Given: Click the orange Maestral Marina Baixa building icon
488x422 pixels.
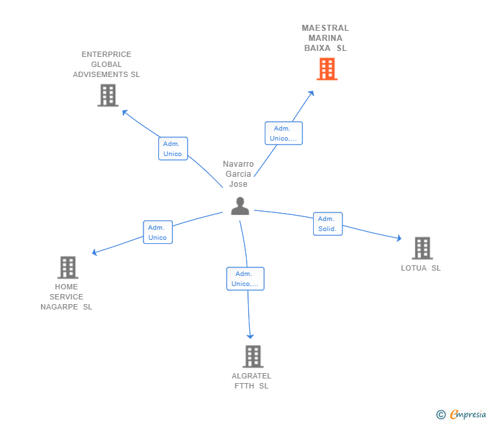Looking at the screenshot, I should coord(326,69).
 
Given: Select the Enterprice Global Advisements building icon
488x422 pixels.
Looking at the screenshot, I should coord(107,95).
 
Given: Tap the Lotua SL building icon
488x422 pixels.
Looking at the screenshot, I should coord(422,248).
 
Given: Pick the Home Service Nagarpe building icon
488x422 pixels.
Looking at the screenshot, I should coord(68,267).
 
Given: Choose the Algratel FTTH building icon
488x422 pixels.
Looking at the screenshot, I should coord(252,356).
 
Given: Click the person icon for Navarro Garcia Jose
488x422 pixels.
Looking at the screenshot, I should coord(239,206).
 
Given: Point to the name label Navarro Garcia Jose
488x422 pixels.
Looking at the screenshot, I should coord(239,174).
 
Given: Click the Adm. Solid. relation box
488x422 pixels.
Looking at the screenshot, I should coord(327,224).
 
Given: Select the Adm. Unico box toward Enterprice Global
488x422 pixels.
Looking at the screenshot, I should coord(173,149).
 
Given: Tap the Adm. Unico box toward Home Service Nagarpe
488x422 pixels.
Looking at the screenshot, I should coord(158,232).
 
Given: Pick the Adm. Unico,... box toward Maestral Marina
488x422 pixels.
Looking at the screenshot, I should coord(283,133).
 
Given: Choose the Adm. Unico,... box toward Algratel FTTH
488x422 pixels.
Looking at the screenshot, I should coord(245,279).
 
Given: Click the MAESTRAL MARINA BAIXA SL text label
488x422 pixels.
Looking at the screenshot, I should coord(325,38).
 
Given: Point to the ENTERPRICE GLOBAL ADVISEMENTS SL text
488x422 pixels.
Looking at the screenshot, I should coord(107,64).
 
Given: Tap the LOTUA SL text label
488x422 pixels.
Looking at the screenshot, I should coord(421,268).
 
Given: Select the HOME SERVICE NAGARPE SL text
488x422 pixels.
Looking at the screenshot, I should coord(66,297).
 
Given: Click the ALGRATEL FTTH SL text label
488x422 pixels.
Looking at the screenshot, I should coord(251,380).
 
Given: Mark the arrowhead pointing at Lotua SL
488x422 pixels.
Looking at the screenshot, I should coord(399,238).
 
